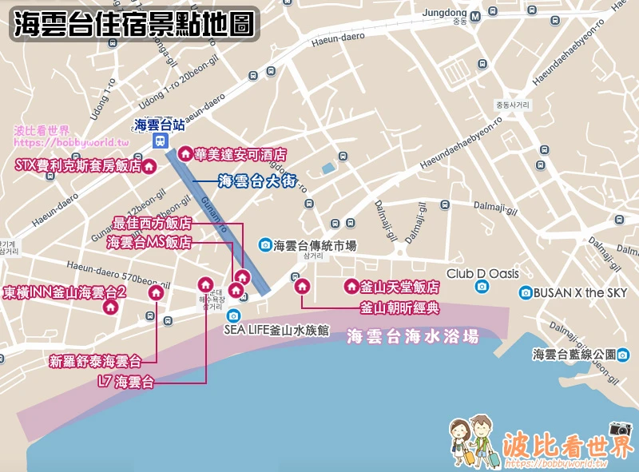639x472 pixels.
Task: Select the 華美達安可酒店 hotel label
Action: [x=234, y=153]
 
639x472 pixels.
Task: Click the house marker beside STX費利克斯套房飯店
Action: [x=148, y=166]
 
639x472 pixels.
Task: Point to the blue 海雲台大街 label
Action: [x=256, y=181]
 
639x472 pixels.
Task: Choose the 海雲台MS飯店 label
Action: [x=149, y=242]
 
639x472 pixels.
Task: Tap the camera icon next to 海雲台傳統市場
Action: [x=264, y=244]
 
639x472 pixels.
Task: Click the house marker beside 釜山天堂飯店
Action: [x=350, y=286]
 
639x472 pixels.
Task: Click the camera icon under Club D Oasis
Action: [x=481, y=287]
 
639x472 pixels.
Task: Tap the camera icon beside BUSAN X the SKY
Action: [x=525, y=292]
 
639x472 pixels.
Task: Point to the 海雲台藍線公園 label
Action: [x=585, y=354]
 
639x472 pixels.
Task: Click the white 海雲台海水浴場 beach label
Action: [x=413, y=336]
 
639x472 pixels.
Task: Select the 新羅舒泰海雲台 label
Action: [x=95, y=360]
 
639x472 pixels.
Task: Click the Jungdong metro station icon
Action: [x=475, y=15]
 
